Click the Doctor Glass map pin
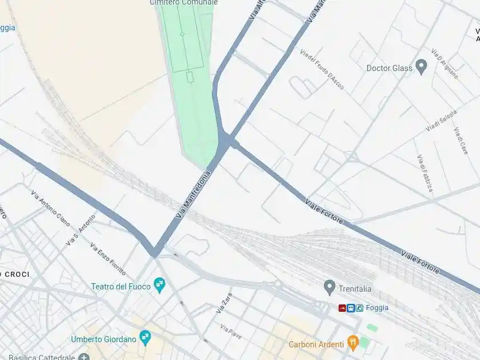(422, 67)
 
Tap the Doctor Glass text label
(389, 68)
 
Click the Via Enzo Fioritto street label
(108, 259)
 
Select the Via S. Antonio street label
(80, 230)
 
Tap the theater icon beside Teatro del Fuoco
(160, 285)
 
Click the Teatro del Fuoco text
(121, 286)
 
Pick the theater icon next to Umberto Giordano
(145, 338)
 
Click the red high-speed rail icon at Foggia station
(342, 308)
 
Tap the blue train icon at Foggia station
(351, 308)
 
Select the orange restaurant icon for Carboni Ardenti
(353, 343)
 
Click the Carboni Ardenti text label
(316, 344)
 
